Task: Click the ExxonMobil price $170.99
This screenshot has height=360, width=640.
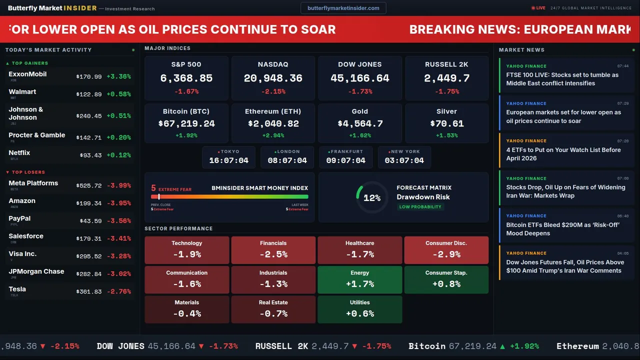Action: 89,77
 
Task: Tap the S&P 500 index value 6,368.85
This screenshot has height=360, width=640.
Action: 186,78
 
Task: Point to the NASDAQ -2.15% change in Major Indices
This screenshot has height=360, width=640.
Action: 272,91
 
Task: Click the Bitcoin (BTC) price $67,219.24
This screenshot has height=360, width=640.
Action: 186,123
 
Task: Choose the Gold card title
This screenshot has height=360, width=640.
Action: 359,111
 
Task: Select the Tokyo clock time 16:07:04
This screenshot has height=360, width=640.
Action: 228,160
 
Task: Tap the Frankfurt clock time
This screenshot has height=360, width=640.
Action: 345,160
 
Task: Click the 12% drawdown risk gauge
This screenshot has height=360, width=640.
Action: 371,197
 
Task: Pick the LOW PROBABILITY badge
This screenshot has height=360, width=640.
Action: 420,207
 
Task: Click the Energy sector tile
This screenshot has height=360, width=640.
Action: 359,279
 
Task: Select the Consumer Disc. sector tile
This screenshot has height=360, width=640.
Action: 446,250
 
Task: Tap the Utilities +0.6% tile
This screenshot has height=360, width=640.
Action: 359,309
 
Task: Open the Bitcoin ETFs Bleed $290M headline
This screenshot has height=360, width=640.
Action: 563,229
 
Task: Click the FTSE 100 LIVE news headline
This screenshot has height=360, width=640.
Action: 562,79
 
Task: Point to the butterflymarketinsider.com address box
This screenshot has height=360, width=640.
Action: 343,8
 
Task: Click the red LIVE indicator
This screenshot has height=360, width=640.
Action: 538,8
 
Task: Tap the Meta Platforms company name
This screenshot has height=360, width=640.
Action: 33,183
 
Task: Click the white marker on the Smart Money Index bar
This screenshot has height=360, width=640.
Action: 159,196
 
